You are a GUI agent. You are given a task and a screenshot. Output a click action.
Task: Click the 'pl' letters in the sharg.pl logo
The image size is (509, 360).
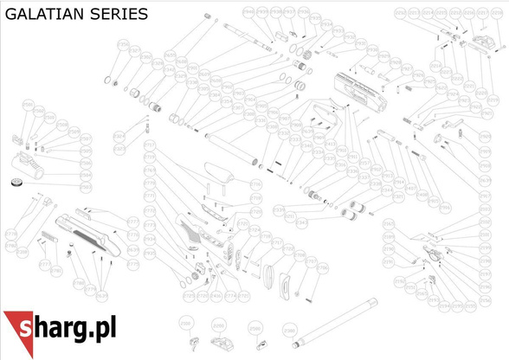click(x=103, y=328)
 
